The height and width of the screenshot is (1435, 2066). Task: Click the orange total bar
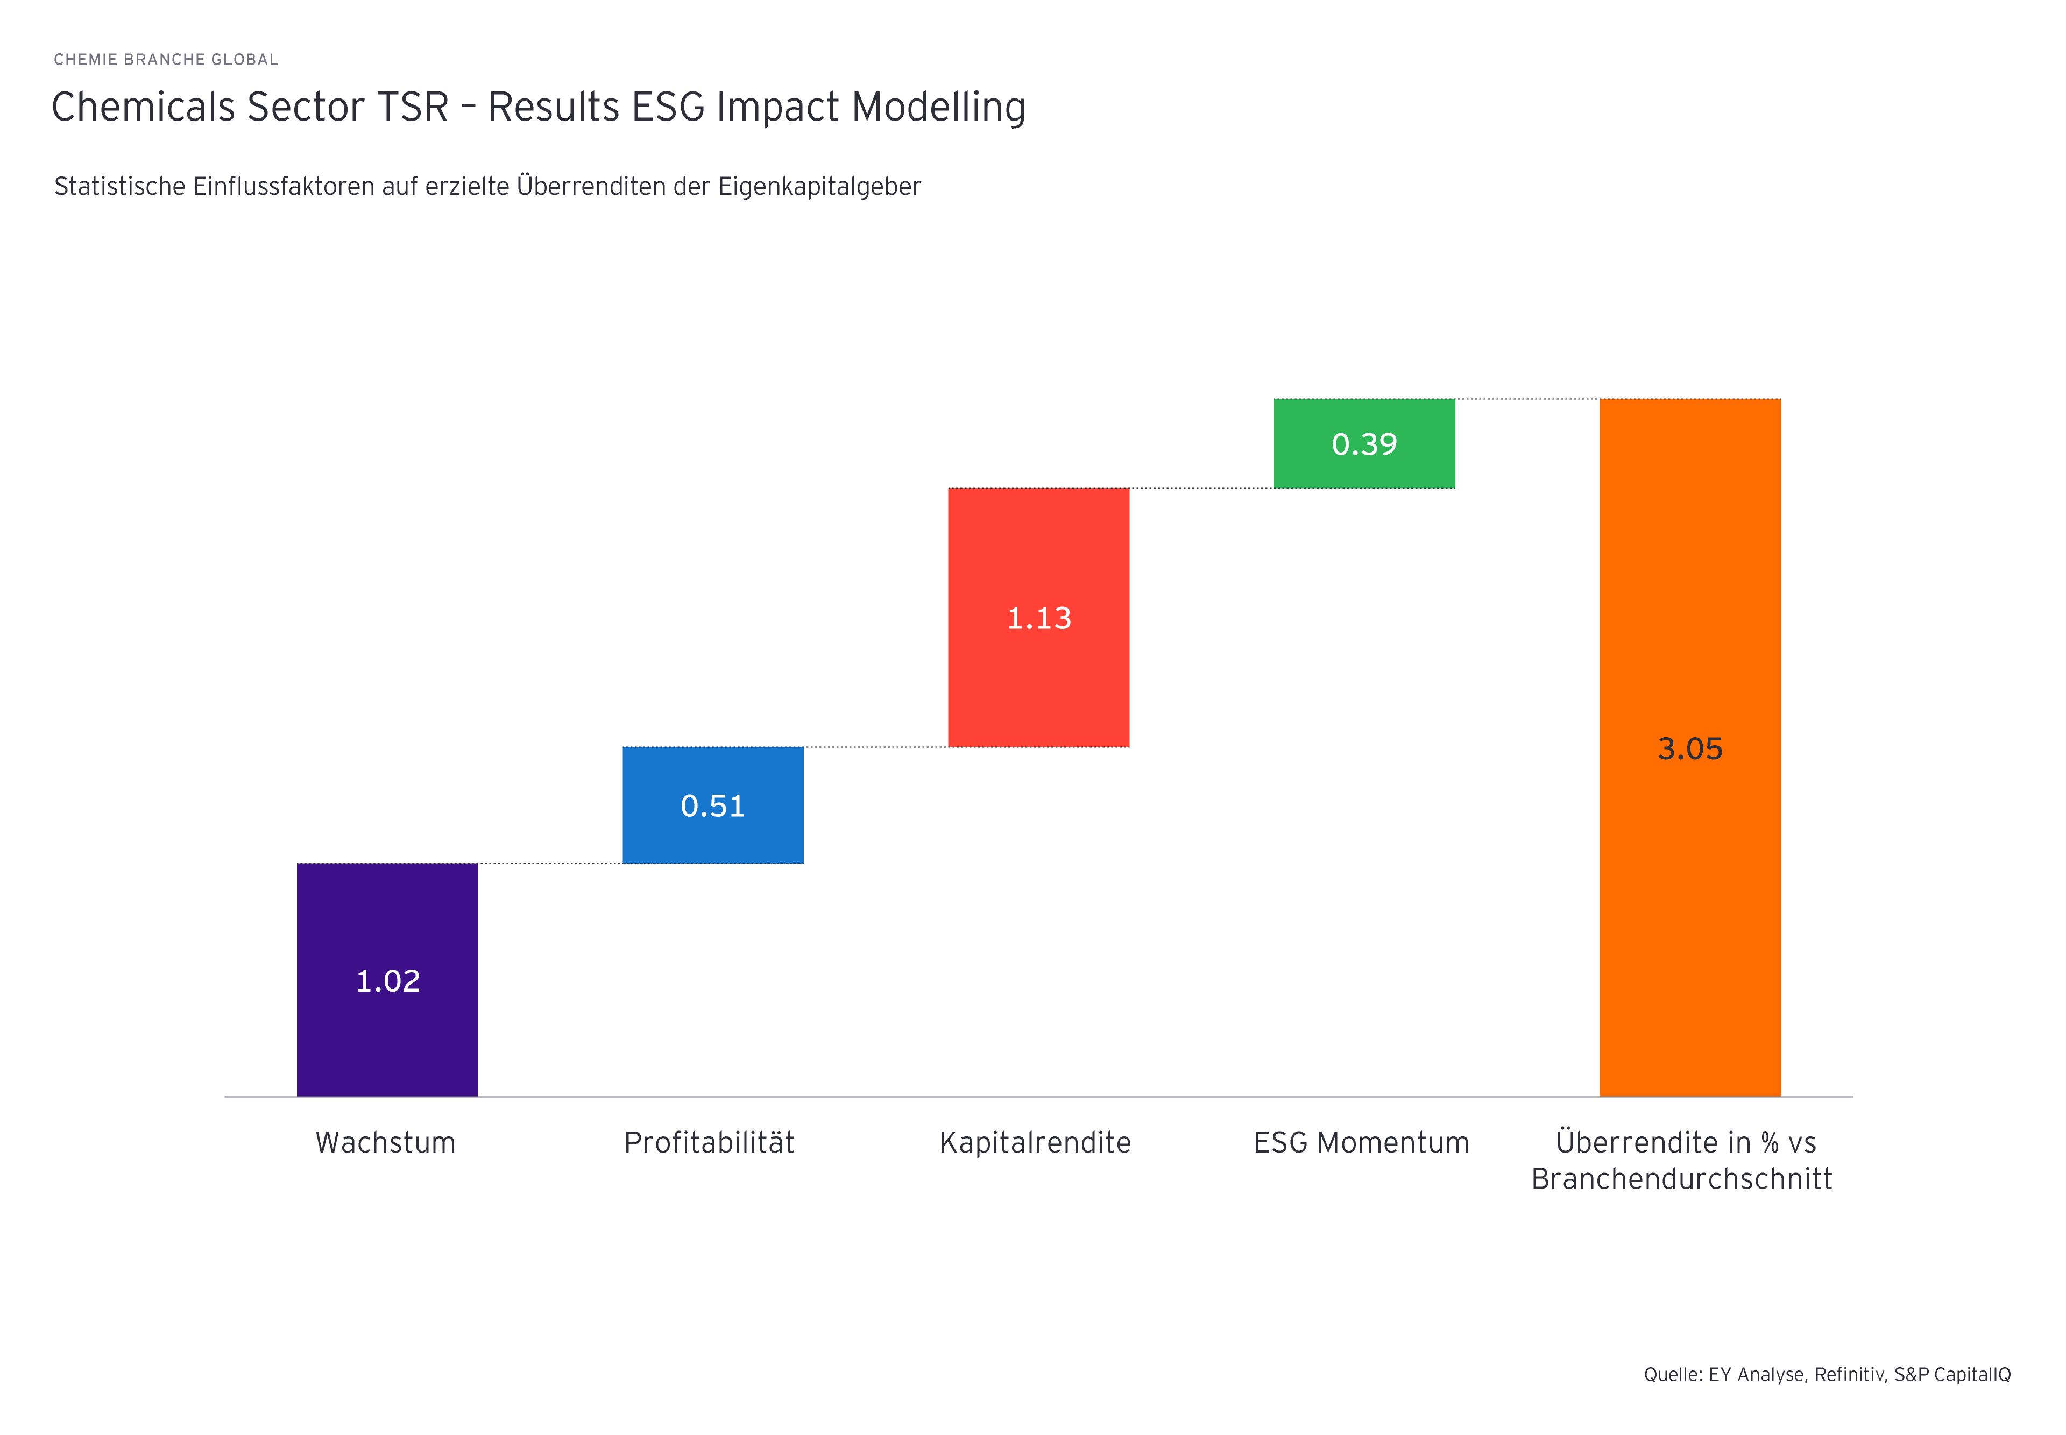pos(1689,899)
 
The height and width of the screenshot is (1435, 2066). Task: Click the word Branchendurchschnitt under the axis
pos(1681,1179)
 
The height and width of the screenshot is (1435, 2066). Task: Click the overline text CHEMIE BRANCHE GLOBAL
pos(166,59)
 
